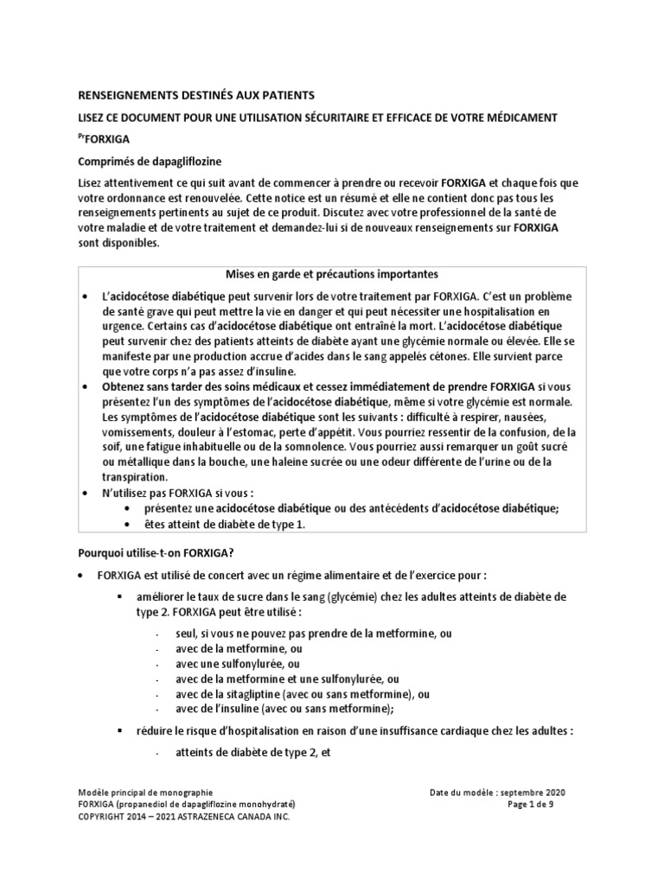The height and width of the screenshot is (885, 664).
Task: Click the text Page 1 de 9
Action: point(538,803)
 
